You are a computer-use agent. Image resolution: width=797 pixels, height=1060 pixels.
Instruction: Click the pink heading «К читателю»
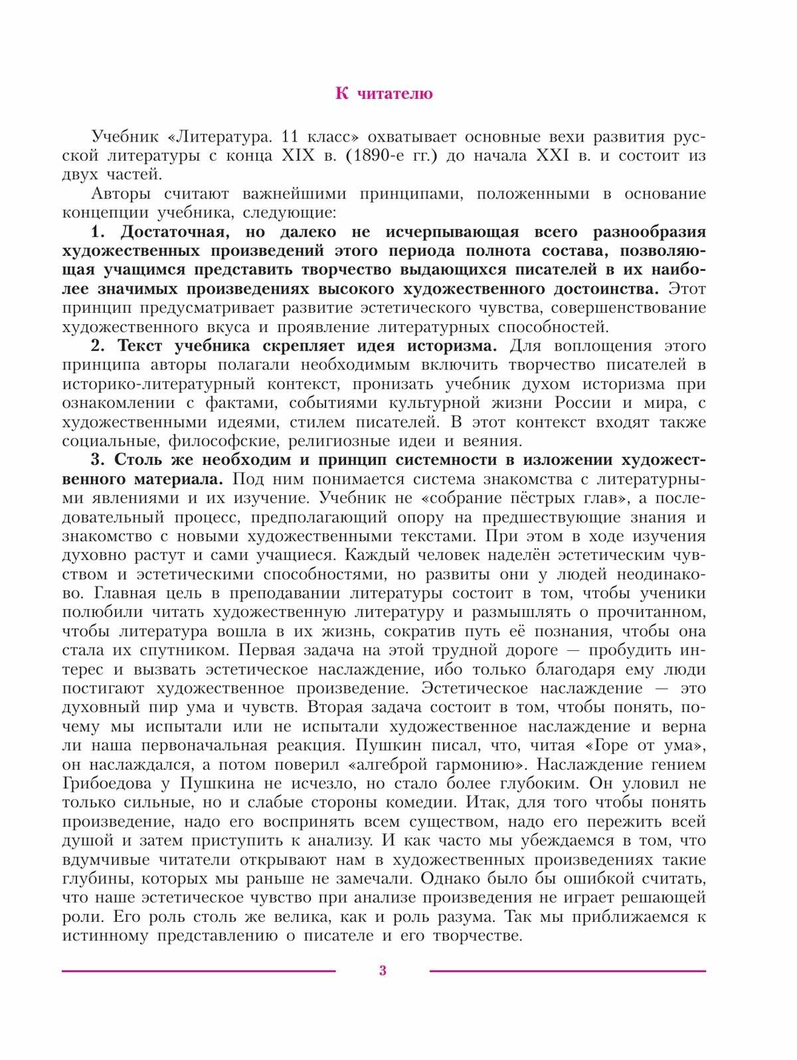coord(384,94)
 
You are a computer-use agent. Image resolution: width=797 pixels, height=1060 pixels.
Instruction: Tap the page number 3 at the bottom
coord(383,971)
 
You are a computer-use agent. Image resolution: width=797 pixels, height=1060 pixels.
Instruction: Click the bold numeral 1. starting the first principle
coord(98,232)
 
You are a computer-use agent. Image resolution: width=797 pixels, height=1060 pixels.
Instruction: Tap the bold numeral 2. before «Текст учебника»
coord(98,346)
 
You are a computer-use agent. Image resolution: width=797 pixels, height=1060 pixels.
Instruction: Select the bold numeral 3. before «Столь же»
coord(98,460)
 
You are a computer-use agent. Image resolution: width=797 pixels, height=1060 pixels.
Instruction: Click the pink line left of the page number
coord(199,971)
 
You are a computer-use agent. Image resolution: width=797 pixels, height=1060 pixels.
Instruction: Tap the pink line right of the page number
coord(567,971)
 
